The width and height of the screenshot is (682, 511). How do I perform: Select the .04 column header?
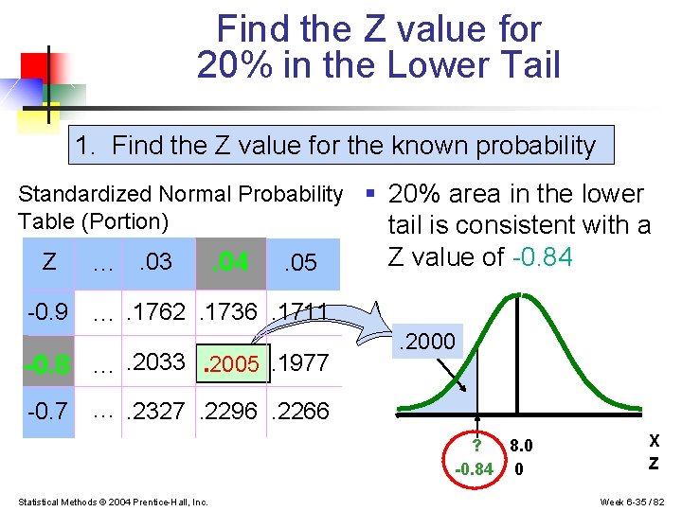click(x=228, y=260)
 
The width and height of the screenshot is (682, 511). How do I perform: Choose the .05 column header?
click(x=300, y=262)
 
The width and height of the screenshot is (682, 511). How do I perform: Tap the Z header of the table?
click(x=49, y=262)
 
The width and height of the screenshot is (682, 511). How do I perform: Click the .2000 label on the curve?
click(x=430, y=342)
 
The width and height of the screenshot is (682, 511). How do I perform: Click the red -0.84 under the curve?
click(x=475, y=467)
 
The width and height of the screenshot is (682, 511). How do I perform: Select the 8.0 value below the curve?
click(x=521, y=446)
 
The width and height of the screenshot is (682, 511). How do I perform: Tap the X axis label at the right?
click(x=654, y=441)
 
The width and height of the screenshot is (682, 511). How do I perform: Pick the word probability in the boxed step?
click(x=536, y=146)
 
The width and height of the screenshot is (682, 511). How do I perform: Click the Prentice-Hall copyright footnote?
click(x=113, y=501)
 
